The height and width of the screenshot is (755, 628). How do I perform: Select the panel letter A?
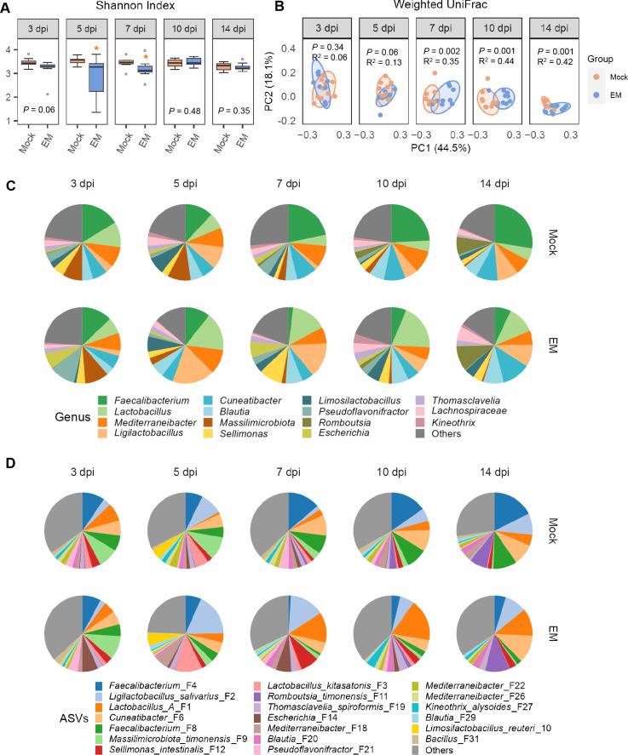(x=6, y=8)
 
